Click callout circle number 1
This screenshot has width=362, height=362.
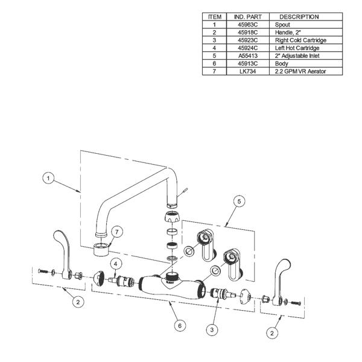point(50,178)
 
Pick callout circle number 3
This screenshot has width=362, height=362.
point(212,329)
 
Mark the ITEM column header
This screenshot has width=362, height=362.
point(214,17)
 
